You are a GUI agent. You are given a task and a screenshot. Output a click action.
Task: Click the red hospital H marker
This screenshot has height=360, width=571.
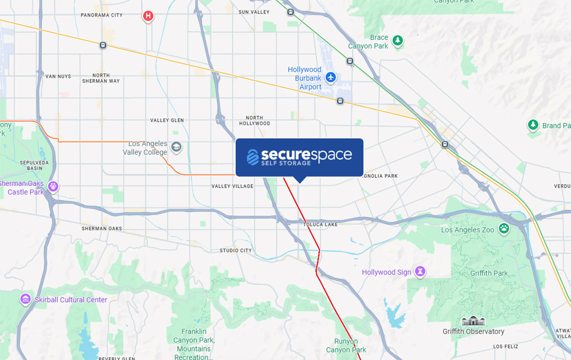pos(148,17)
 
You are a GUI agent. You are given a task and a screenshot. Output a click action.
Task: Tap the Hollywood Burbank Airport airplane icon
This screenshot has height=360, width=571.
pos(331,77)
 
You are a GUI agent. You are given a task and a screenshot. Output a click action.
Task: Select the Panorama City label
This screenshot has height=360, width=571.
pos(101,15)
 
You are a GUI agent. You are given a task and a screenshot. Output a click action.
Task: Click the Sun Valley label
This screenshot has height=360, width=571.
pos(254,12)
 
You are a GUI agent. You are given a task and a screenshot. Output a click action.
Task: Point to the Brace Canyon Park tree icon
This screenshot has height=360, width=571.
pos(397,41)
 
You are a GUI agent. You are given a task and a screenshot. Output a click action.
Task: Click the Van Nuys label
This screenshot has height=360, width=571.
pos(58,76)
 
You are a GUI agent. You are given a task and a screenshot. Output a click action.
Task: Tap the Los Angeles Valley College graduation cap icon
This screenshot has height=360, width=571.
pos(176,147)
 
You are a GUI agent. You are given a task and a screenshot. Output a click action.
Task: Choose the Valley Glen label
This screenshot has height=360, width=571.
pos(167,120)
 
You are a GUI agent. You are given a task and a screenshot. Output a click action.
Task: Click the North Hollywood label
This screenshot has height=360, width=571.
pos(254,121)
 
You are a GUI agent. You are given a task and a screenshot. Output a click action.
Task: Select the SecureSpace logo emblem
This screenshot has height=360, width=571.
pos(253,157)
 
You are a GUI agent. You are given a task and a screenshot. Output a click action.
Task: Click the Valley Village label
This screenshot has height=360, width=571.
pos(232,186)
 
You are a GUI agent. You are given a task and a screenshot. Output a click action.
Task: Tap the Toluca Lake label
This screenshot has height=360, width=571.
pos(320,224)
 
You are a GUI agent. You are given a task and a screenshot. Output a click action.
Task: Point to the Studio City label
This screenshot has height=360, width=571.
pos(236,250)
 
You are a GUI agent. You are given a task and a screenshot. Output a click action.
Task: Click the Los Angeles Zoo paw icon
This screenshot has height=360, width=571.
pos(503,229)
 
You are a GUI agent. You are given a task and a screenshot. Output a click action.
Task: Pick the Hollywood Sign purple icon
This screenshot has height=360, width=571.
pos(420,271)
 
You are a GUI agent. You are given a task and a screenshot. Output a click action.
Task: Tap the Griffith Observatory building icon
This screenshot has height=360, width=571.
pos(473,321)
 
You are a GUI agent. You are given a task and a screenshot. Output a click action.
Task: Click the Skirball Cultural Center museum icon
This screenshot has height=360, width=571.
pos(25,299)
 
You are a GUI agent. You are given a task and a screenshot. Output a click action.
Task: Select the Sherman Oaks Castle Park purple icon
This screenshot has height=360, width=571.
pos(53,186)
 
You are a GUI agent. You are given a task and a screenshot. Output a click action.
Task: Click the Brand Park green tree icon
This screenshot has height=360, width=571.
pos(533,125)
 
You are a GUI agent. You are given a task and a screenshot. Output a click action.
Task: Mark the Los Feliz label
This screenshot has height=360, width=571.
pos(505,346)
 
